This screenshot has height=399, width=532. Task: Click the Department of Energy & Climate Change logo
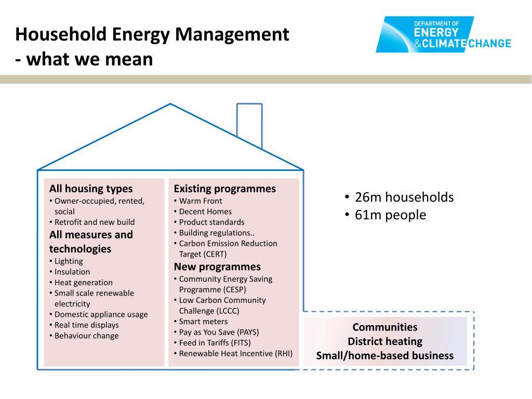pos(443,35)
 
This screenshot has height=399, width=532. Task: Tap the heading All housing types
pos(91,189)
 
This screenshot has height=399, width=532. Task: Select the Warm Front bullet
pos(200,201)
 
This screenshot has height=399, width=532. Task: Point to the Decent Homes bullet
pos(205,211)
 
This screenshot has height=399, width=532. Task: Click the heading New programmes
pos(217,267)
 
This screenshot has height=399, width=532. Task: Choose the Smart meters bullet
pos(203,322)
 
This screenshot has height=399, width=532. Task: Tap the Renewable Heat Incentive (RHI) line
pos(235,353)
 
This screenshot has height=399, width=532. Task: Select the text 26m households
pos(404,197)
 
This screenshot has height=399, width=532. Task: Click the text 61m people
pos(390,215)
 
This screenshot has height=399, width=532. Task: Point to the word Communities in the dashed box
pos(385,327)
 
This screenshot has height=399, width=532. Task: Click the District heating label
pos(385,342)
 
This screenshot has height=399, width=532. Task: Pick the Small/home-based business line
pos(385,356)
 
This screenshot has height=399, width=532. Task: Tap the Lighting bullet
pos(69,261)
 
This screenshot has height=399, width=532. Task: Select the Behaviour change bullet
pos(86,336)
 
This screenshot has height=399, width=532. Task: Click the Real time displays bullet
pos(86,325)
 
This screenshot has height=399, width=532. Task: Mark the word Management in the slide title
pos(232,35)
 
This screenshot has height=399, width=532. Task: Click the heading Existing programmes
pos(224,189)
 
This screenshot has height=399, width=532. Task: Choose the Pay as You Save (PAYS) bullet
pos(219,332)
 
